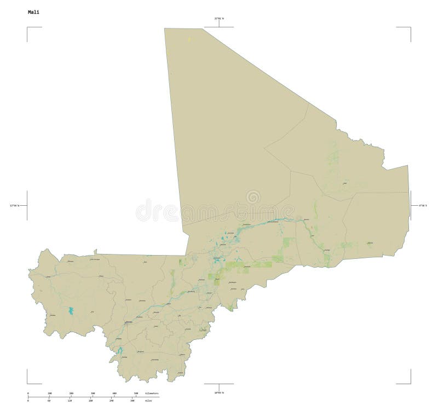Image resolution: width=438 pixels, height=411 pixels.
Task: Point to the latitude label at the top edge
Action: [x=219, y=19]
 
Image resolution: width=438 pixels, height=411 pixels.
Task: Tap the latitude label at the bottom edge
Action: [x=219, y=392]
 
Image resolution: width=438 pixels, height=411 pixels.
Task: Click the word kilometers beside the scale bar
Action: [x=152, y=393]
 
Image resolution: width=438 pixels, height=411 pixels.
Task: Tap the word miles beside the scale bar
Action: [x=148, y=401]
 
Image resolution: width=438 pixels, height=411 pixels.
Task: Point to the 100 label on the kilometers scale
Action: [x=50, y=393]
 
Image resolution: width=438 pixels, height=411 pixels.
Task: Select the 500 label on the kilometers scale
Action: [x=136, y=393]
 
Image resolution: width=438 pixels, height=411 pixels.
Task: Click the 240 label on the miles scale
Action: [x=112, y=401]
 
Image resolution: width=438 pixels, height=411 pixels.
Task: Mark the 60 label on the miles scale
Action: [x=49, y=401]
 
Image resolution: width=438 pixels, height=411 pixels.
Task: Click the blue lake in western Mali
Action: [x=71, y=311]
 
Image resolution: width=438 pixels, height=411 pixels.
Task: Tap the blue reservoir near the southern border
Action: [x=119, y=349]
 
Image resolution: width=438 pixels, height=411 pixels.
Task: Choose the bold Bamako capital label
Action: [x=129, y=323]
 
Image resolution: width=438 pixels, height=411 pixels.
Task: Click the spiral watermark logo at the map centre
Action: [x=253, y=198]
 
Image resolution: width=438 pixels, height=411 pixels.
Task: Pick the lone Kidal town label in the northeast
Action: [x=344, y=183]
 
